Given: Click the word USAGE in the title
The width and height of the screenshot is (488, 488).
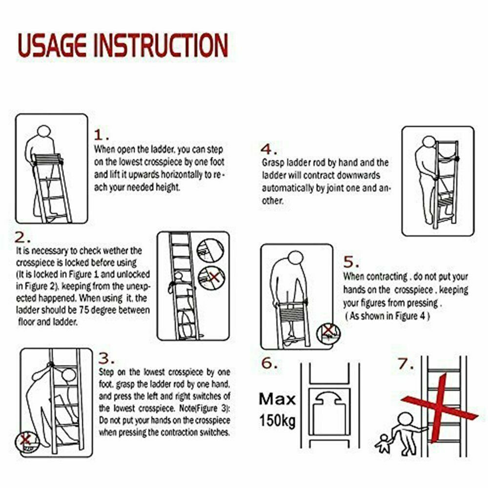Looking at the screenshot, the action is coord(52,45).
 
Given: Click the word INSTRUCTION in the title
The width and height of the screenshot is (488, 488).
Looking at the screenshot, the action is coord(161,45).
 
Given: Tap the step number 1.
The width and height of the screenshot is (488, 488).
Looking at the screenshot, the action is coord(102,135).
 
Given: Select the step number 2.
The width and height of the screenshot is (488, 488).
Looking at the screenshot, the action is coord(22,238).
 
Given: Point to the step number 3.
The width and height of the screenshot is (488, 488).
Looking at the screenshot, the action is coord(106,359).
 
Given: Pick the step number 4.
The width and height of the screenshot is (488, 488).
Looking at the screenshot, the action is coord(268,149).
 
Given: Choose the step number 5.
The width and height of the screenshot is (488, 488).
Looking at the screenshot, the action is coord(351,263).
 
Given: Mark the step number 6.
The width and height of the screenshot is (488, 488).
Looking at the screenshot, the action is coord(269,363).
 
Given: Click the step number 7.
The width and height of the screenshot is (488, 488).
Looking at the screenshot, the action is coord(406,364).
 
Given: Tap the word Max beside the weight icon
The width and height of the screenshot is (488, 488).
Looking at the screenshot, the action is coord(277,399).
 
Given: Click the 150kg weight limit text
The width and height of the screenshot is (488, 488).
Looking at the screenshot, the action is coord(277,420).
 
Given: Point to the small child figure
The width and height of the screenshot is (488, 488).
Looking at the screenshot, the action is coord(383,444).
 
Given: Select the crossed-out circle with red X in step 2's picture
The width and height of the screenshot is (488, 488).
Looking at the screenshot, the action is coord(212,277).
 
